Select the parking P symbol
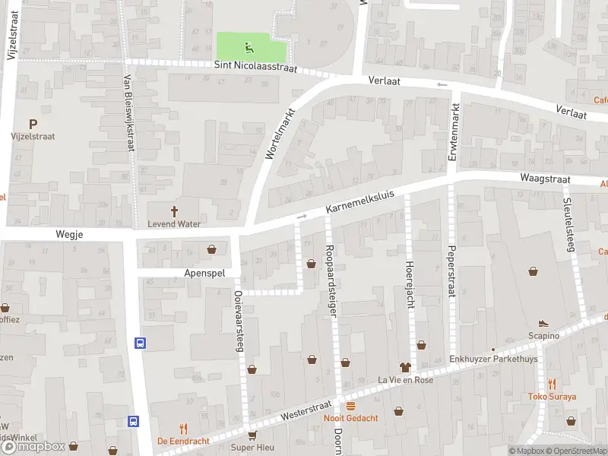[33, 124]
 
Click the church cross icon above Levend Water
[174, 211]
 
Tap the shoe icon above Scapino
[543, 323]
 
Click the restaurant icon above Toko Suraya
[552, 384]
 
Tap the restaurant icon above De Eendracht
[183, 429]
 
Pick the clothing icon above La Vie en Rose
[405, 367]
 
